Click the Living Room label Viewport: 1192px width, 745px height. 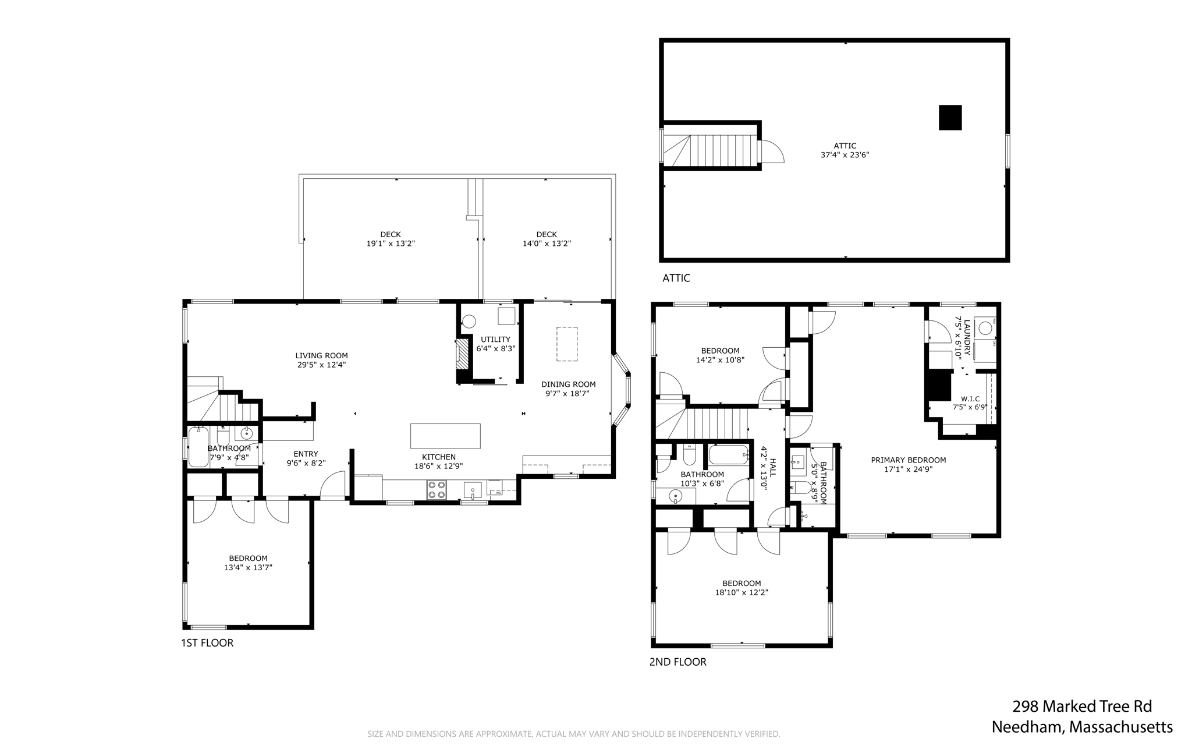tap(321, 355)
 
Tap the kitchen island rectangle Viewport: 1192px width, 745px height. tap(445, 436)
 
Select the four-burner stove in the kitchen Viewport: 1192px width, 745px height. tap(437, 490)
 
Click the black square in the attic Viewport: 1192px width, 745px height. tap(950, 117)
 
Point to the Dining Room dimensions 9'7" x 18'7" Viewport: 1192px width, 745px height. tap(567, 394)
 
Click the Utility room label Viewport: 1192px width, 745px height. tap(496, 340)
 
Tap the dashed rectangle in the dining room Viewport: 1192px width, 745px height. tap(567, 344)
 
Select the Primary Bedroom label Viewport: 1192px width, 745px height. tap(909, 460)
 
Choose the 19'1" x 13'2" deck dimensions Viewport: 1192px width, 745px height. tap(391, 243)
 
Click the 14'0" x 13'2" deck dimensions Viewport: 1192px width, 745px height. tap(547, 243)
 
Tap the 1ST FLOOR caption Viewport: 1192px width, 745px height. tap(207, 643)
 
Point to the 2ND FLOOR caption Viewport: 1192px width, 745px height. tap(678, 662)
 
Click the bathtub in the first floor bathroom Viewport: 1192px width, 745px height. tap(198, 447)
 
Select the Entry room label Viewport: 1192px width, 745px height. tap(306, 454)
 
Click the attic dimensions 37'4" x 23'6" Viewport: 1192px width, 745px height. tap(845, 155)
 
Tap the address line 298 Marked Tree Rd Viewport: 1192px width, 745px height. tap(1082, 707)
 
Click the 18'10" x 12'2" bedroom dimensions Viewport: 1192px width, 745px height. tap(742, 592)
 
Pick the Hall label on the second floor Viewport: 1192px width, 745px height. tap(773, 468)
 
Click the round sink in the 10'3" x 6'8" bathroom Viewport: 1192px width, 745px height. tap(675, 496)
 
